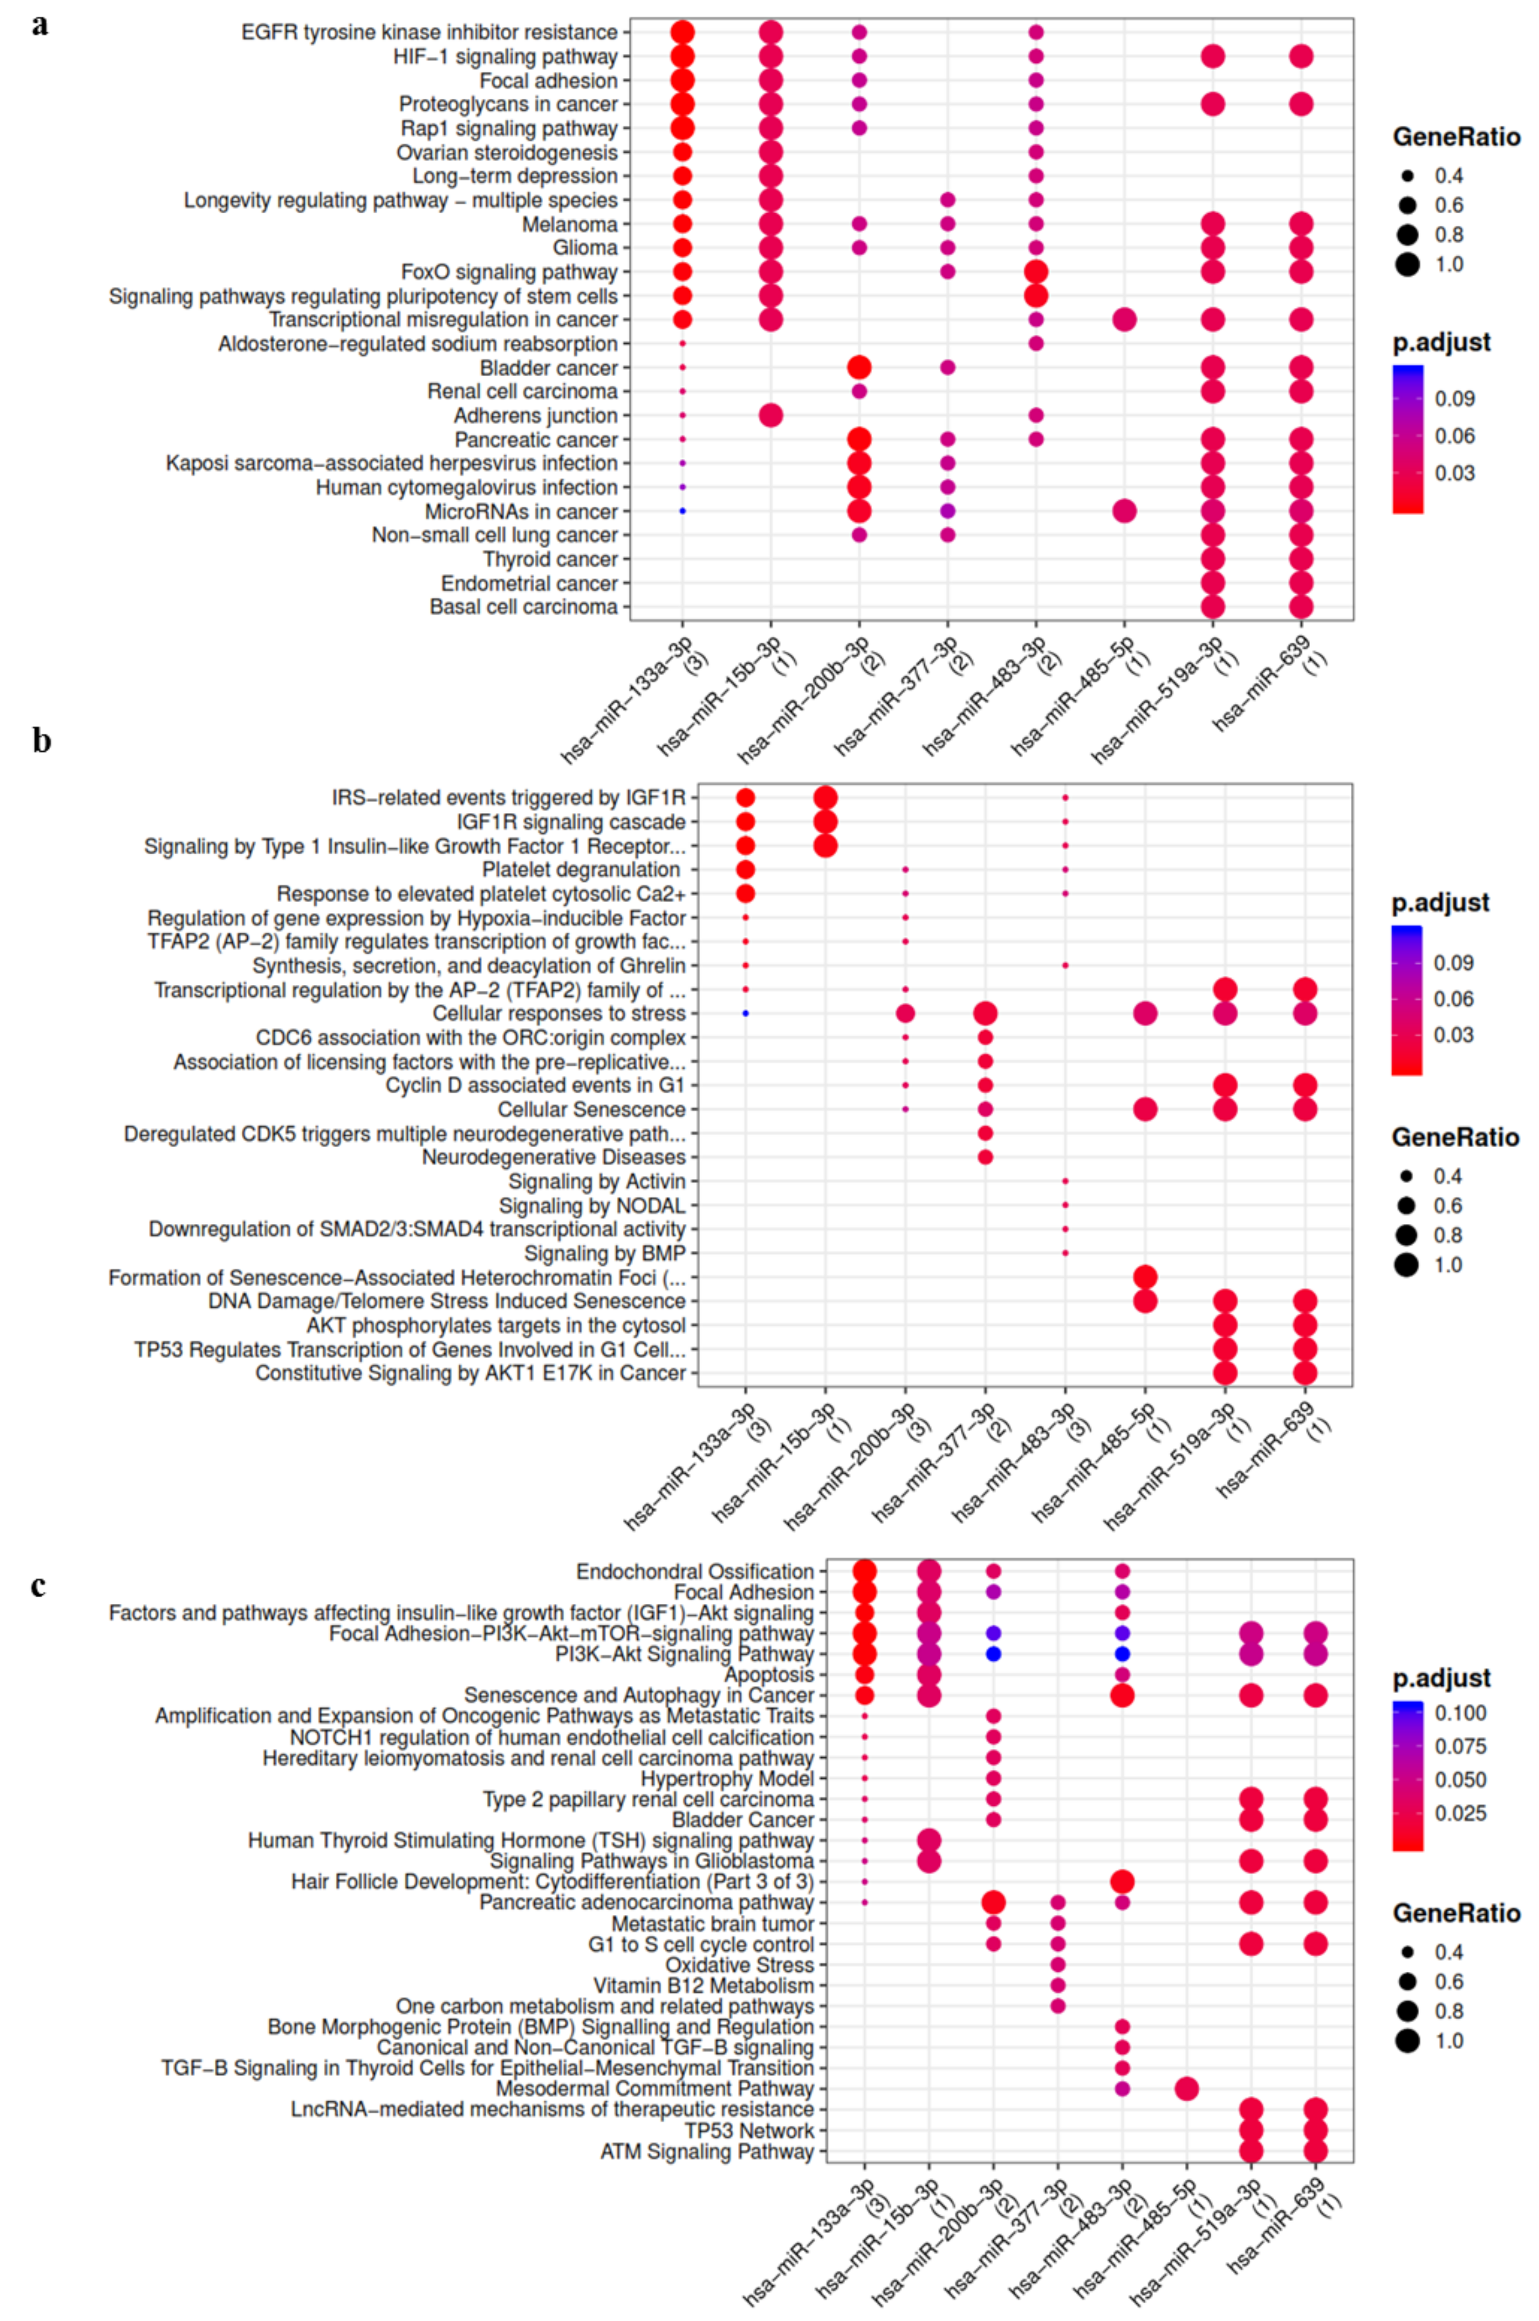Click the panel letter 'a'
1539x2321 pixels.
point(39,25)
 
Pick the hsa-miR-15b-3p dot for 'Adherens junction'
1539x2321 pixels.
point(771,416)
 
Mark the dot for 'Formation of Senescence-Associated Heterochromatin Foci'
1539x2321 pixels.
point(1145,1277)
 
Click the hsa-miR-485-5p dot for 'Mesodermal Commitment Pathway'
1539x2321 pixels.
point(1185,2088)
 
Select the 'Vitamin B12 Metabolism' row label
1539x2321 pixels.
point(703,1985)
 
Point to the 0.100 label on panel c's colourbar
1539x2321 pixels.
point(1461,1712)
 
